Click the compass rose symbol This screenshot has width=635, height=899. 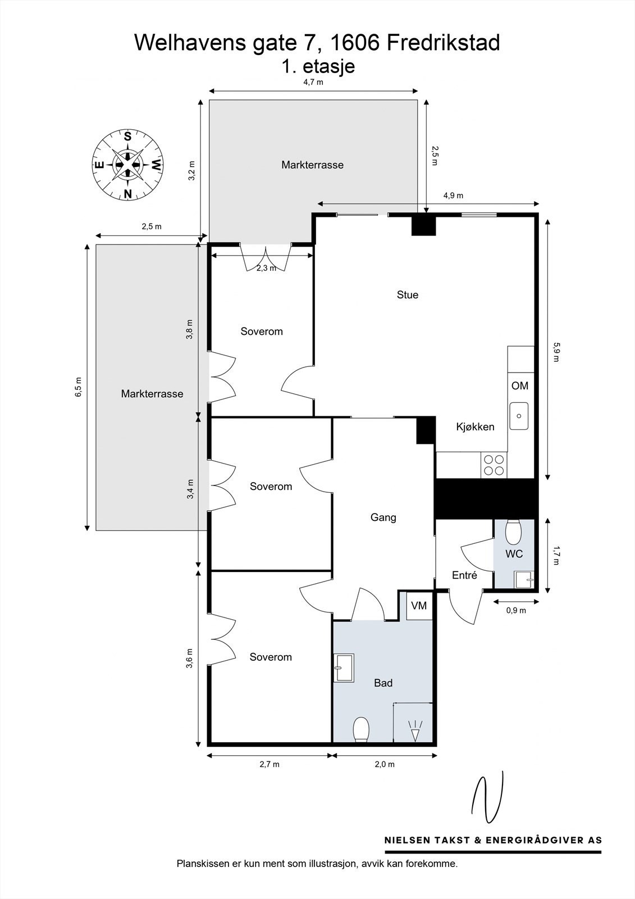(x=127, y=165)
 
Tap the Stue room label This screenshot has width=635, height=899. (x=408, y=295)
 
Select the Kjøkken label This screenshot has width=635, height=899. (x=476, y=427)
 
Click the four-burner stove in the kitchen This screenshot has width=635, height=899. (x=494, y=465)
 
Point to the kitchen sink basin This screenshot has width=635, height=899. (x=519, y=416)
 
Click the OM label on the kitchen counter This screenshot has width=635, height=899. (x=520, y=385)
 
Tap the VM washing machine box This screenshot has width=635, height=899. (x=419, y=605)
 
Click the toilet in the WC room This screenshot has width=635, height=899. (x=513, y=532)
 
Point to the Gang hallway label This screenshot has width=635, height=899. (x=383, y=517)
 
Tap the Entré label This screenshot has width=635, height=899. (x=464, y=575)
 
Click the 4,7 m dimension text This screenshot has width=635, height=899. (x=313, y=83)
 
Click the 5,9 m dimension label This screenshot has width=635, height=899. (x=556, y=352)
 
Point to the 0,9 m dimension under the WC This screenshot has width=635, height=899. (x=516, y=610)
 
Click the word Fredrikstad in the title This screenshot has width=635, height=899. (x=444, y=43)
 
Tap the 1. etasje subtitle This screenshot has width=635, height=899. (x=318, y=66)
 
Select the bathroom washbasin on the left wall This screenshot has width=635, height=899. (x=344, y=668)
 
